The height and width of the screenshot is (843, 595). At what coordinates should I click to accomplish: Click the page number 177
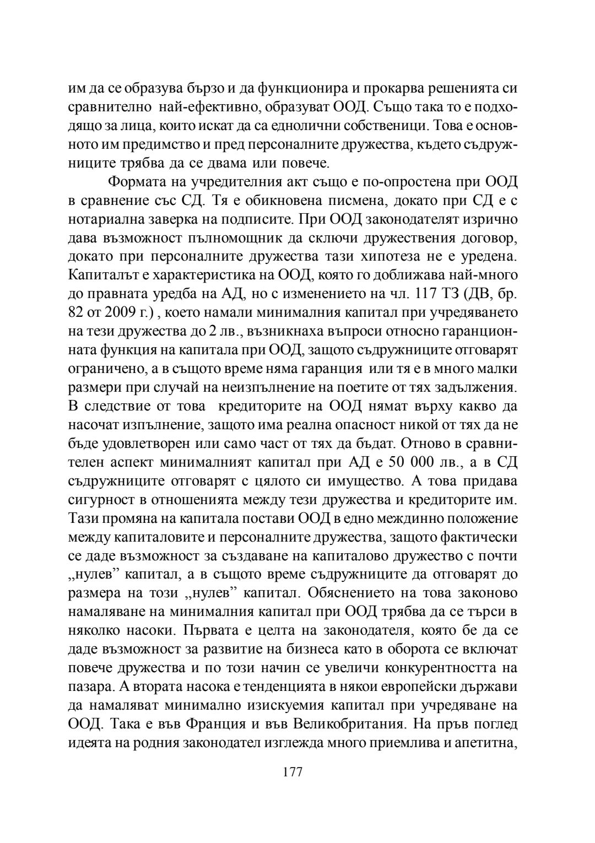pyautogui.click(x=293, y=772)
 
